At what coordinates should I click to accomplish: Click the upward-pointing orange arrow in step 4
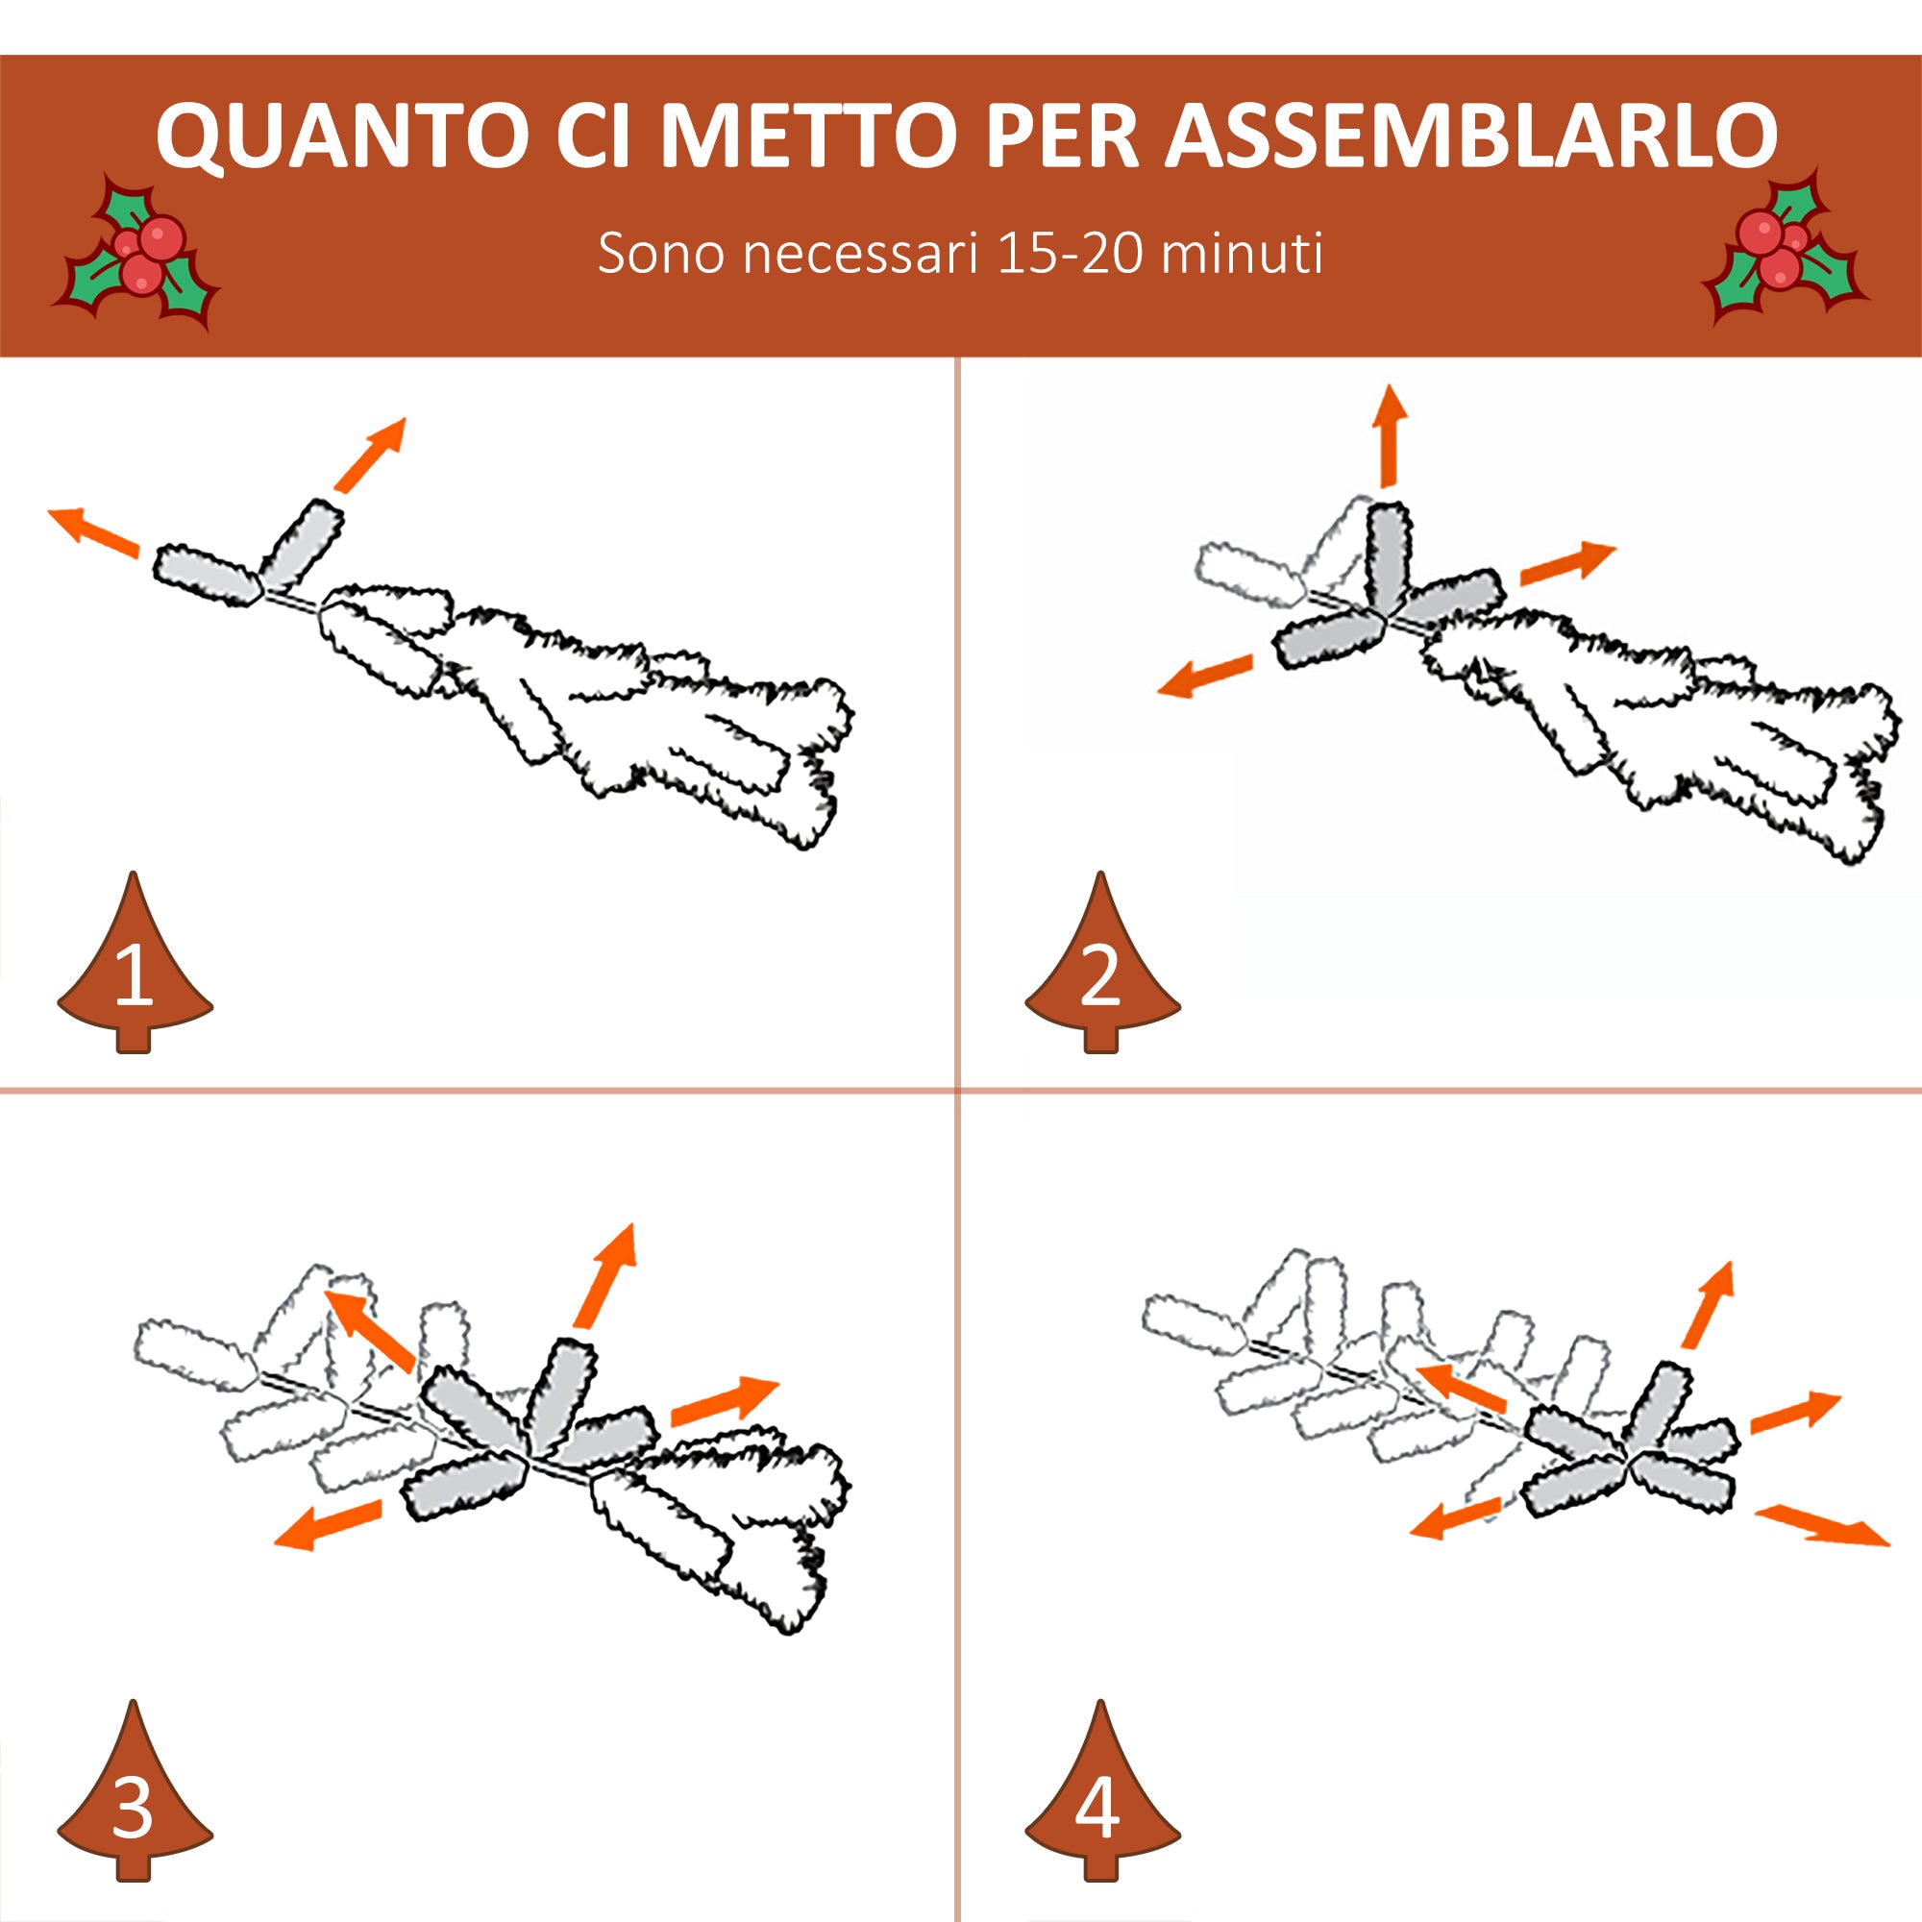tap(1709, 1304)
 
